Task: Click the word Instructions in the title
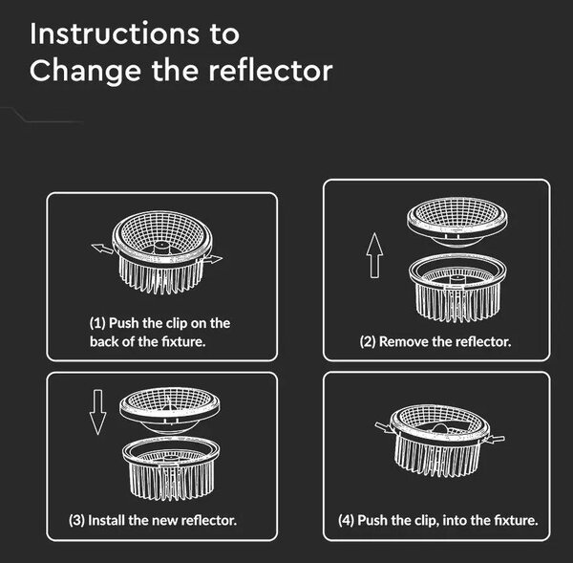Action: click(115, 34)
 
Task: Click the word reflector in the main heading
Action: click(271, 71)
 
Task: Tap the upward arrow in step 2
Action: click(374, 255)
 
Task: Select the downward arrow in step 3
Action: click(98, 412)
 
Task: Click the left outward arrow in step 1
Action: click(102, 249)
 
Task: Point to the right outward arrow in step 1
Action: click(213, 259)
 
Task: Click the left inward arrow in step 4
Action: click(385, 426)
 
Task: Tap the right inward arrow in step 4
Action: click(495, 439)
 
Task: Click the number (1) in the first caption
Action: click(97, 323)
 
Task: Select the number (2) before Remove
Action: click(368, 342)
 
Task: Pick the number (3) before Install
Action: click(76, 520)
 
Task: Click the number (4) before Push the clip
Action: click(346, 520)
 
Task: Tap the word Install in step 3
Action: click(107, 520)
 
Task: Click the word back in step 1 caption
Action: click(104, 341)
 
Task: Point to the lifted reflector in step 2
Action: click(457, 223)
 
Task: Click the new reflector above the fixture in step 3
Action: click(170, 411)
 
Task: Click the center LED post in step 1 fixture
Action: click(161, 248)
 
